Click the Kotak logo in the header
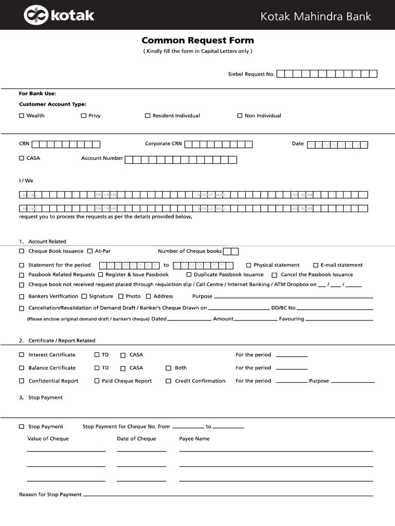(x=59, y=15)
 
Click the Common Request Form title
(x=197, y=41)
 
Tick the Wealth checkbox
(x=22, y=116)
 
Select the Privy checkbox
(x=83, y=116)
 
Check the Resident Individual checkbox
(x=148, y=116)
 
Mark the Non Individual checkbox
(x=240, y=116)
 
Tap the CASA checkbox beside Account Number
(x=22, y=158)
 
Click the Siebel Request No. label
(x=251, y=74)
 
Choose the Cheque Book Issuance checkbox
(x=22, y=251)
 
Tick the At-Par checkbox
(x=90, y=251)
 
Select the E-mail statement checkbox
(x=316, y=265)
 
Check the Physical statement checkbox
(x=248, y=265)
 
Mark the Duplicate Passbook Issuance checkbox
(x=189, y=275)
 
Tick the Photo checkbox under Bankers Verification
(x=121, y=296)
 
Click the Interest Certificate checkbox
(x=22, y=355)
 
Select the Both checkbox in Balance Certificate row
(x=168, y=368)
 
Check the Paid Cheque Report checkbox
(x=97, y=381)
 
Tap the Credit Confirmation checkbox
(x=168, y=381)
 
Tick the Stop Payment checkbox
(x=22, y=427)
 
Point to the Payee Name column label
(x=194, y=439)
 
